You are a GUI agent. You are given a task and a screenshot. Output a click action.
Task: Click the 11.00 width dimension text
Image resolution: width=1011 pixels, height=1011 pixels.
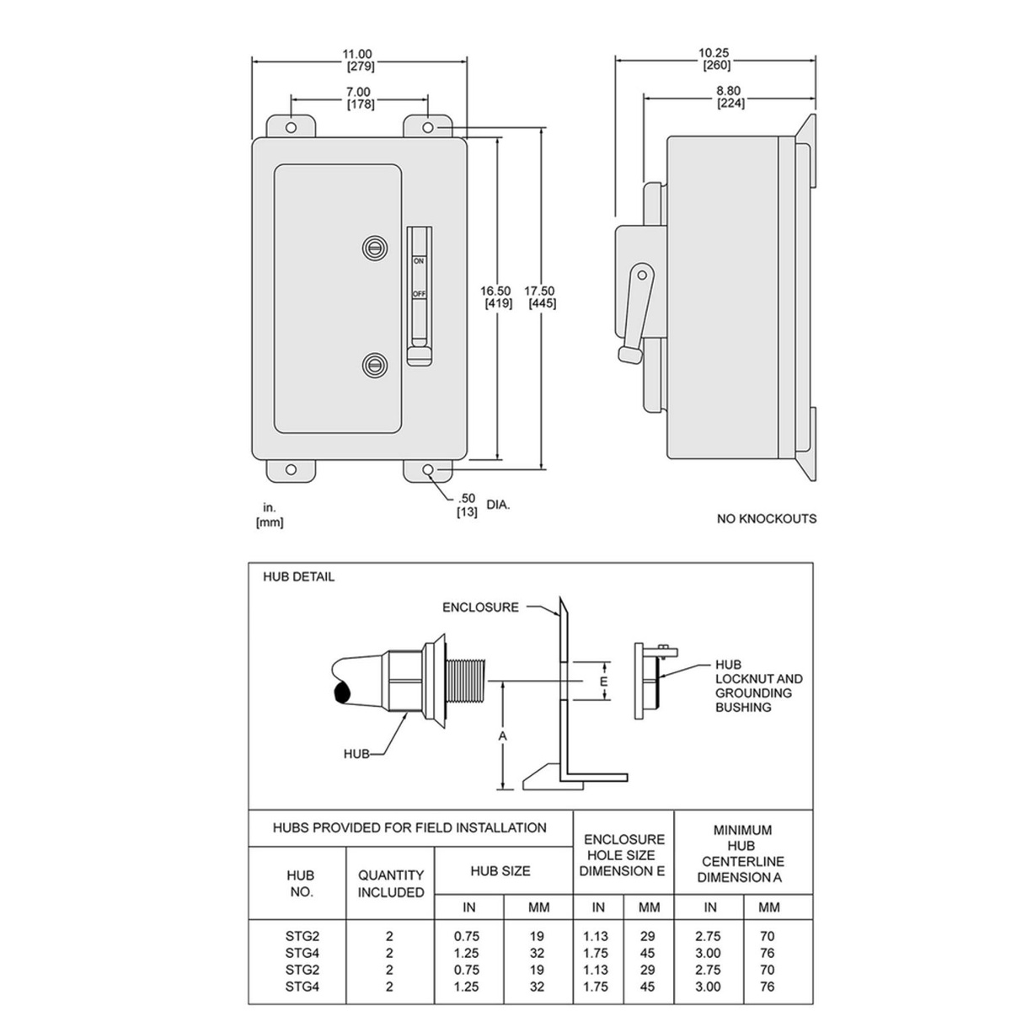click(x=359, y=54)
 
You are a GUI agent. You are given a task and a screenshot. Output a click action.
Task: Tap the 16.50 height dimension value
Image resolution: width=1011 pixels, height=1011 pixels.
click(x=497, y=292)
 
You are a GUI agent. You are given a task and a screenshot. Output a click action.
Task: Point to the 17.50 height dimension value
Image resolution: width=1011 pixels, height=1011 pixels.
click(x=541, y=292)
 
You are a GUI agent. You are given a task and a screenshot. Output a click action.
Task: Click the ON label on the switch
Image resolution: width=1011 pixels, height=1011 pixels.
click(x=418, y=262)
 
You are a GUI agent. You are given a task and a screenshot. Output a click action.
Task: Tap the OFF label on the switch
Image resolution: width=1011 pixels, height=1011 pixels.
click(x=419, y=294)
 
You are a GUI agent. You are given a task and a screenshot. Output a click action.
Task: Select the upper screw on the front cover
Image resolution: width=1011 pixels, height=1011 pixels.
click(x=374, y=247)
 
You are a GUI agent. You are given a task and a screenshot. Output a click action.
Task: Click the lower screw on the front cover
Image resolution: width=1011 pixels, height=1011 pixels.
click(x=374, y=364)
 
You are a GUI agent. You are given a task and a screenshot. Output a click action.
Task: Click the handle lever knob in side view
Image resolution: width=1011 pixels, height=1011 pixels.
click(x=629, y=355)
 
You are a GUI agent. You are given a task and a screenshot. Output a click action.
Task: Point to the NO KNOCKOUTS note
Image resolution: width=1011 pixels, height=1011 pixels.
click(x=767, y=519)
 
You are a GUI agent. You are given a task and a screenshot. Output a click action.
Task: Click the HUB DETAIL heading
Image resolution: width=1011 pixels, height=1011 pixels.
click(x=299, y=577)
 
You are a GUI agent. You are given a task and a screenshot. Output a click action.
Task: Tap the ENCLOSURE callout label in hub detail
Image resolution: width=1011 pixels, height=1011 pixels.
click(x=481, y=607)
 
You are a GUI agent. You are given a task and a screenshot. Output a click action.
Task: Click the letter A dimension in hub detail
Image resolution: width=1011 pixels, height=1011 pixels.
click(x=503, y=736)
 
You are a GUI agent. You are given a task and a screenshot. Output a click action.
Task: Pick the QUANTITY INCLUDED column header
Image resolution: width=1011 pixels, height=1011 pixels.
click(x=390, y=884)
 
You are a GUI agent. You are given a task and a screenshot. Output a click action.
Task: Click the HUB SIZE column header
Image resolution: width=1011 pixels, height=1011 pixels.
click(x=500, y=870)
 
